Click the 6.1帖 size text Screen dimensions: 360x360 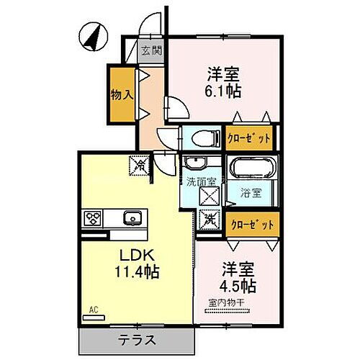click(x=224, y=91)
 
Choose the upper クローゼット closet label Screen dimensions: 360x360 click(x=248, y=138)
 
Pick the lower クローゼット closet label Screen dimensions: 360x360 click(x=248, y=225)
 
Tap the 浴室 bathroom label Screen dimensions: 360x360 click(x=251, y=193)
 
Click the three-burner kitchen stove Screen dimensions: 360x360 click(x=95, y=217)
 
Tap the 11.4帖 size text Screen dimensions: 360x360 click(x=135, y=273)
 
